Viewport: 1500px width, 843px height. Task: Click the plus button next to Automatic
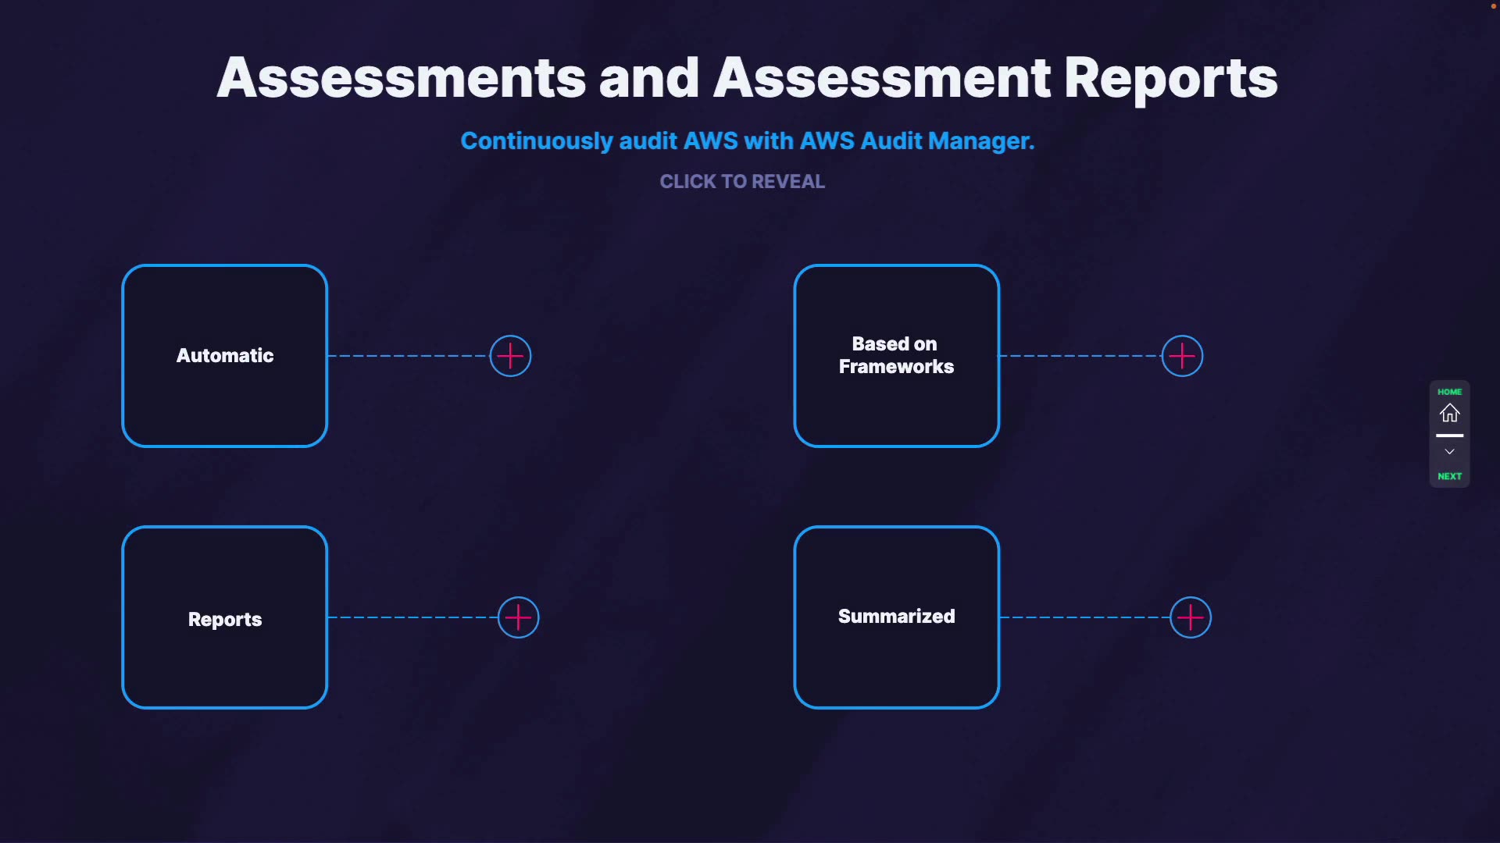tap(510, 356)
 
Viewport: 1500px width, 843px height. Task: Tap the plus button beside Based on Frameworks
tap(1182, 356)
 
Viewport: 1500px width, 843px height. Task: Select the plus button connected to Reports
tap(519, 617)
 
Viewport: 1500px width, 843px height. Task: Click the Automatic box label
tap(225, 356)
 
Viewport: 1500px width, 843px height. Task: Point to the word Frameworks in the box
tap(896, 367)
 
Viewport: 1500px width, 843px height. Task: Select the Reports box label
tap(225, 619)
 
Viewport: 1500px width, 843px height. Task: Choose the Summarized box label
tap(896, 616)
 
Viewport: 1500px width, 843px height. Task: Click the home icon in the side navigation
tap(1449, 413)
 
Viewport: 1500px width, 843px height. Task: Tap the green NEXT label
tap(1449, 476)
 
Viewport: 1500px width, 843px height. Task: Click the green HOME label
tap(1449, 392)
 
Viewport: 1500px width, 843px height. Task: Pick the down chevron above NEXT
tap(1449, 452)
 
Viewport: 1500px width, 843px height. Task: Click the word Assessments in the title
tap(401, 78)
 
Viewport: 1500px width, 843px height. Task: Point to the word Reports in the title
tap(1170, 78)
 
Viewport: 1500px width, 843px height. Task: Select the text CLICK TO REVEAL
tap(742, 182)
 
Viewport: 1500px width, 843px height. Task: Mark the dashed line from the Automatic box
tap(408, 356)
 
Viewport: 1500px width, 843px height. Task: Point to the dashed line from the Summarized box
tap(1084, 617)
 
